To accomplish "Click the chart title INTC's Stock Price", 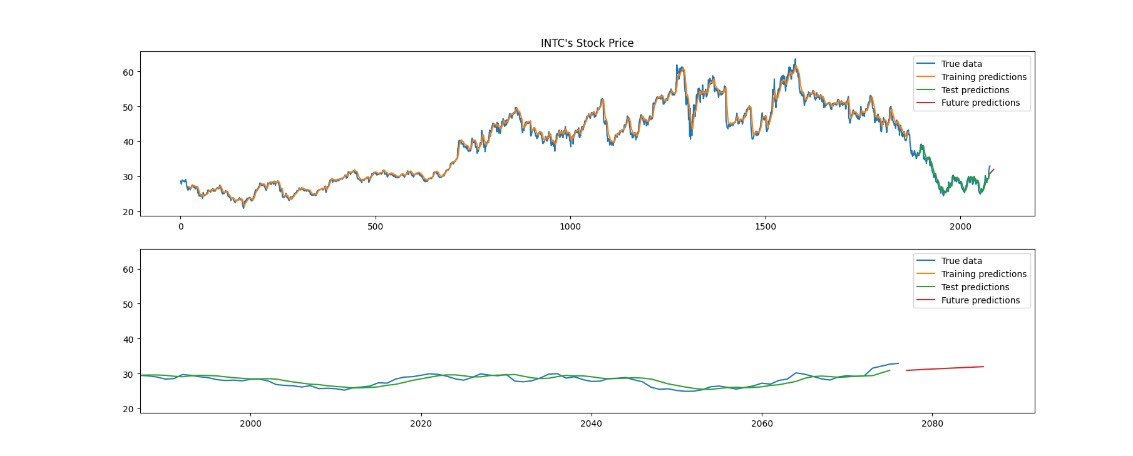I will pyautogui.click(x=587, y=43).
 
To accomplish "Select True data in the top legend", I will pyautogui.click(x=961, y=64).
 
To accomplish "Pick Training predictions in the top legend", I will pyautogui.click(x=983, y=77).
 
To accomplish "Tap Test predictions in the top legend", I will pyautogui.click(x=975, y=90).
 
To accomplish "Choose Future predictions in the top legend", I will pyautogui.click(x=980, y=103).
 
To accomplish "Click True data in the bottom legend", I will pyautogui.click(x=961, y=261).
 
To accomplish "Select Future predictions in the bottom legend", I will pyautogui.click(x=980, y=300).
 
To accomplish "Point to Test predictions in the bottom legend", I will pyautogui.click(x=975, y=287).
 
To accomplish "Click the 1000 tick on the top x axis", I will pyautogui.click(x=570, y=226).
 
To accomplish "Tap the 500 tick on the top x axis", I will pyautogui.click(x=376, y=226).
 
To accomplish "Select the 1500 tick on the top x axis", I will pyautogui.click(x=766, y=226).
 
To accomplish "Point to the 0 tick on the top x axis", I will pyautogui.click(x=181, y=226).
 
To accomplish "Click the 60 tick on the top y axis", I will pyautogui.click(x=128, y=72).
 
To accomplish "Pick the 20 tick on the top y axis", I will pyautogui.click(x=128, y=212).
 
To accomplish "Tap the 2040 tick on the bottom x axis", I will pyautogui.click(x=592, y=423).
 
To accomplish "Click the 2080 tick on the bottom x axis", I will pyautogui.click(x=932, y=423).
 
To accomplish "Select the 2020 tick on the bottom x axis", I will pyautogui.click(x=421, y=423).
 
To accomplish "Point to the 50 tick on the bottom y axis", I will pyautogui.click(x=128, y=305).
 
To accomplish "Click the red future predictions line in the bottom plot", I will pyautogui.click(x=945, y=368).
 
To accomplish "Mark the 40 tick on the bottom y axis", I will pyautogui.click(x=128, y=339).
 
